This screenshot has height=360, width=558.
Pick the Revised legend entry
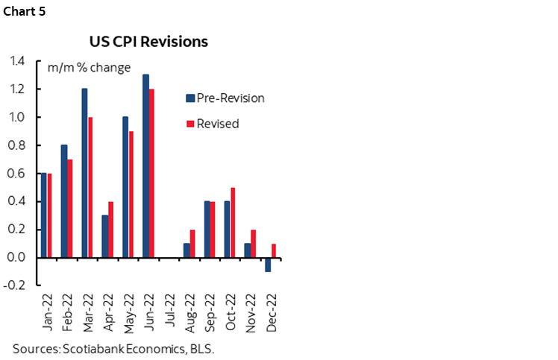[x=218, y=124]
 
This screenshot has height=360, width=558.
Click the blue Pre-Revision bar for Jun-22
[x=145, y=166]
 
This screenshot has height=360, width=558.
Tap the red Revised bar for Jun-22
[x=151, y=173]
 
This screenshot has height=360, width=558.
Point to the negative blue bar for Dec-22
[x=268, y=265]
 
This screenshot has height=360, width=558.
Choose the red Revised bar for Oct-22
[x=233, y=222]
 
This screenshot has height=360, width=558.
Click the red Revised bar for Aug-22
[x=192, y=244]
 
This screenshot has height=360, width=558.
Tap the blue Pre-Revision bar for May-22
[x=125, y=187]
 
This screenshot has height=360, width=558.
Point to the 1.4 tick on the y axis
[x=16, y=61]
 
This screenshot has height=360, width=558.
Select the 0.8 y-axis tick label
[x=16, y=145]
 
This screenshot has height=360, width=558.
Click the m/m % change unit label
[x=89, y=68]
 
